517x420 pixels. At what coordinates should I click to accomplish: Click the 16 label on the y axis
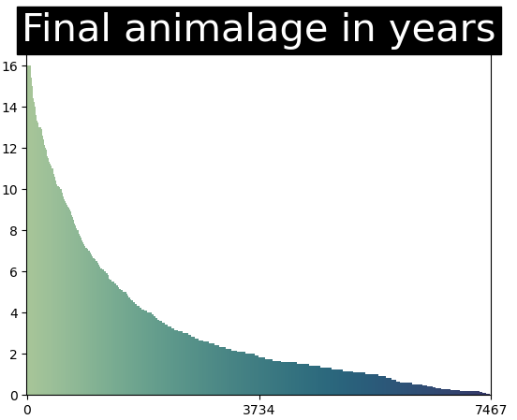(x=10, y=65)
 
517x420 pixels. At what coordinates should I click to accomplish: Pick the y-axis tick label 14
(x=10, y=107)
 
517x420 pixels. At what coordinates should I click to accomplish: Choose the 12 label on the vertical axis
(x=10, y=148)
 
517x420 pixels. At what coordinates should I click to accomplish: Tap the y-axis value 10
(x=10, y=189)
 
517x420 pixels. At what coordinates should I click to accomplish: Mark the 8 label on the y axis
(x=14, y=230)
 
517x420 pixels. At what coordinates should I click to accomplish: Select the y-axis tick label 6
(x=14, y=271)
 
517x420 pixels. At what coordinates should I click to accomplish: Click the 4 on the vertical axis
(x=14, y=312)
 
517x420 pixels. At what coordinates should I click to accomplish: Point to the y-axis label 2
(x=14, y=354)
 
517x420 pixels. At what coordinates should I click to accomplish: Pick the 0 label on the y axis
(x=14, y=395)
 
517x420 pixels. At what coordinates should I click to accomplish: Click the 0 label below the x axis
(x=27, y=409)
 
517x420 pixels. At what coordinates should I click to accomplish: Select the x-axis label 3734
(x=258, y=409)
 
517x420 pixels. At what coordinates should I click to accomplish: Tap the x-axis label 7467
(x=491, y=409)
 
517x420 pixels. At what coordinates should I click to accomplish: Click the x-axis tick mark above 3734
(x=258, y=397)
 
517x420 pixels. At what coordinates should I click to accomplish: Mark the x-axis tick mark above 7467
(x=491, y=397)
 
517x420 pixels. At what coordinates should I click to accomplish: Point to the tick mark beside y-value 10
(x=24, y=189)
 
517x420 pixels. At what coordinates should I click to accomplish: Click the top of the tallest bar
(x=28, y=65)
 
